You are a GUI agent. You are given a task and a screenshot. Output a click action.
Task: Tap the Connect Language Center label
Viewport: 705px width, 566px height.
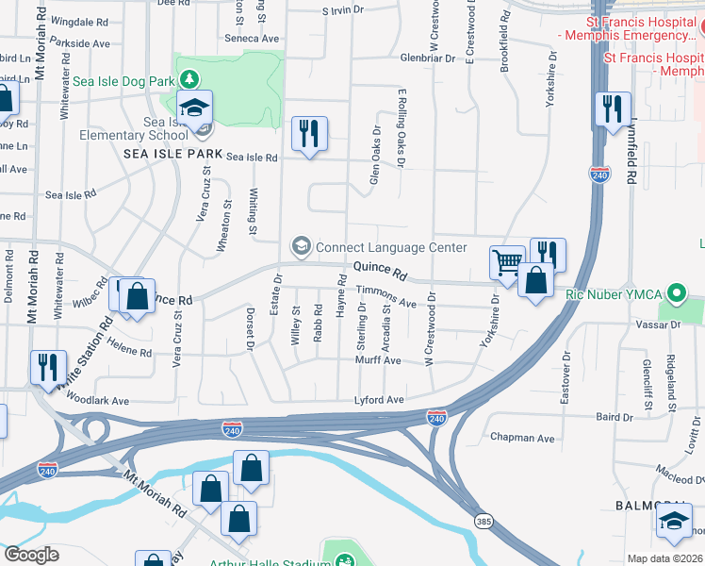pyautogui.click(x=391, y=248)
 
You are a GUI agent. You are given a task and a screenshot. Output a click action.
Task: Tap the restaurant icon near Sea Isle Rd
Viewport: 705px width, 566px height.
pyautogui.click(x=309, y=133)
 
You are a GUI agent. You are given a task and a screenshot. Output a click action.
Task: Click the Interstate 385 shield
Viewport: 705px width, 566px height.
pyautogui.click(x=483, y=521)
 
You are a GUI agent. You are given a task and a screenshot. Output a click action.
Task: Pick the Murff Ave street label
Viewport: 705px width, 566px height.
pyautogui.click(x=378, y=360)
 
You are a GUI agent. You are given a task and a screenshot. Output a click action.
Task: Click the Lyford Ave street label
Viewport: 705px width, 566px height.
pyautogui.click(x=379, y=400)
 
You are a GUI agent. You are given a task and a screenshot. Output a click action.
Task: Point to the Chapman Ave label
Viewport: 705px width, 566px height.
pyautogui.click(x=523, y=439)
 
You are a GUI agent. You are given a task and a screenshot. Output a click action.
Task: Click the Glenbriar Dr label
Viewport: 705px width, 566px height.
pyautogui.click(x=434, y=58)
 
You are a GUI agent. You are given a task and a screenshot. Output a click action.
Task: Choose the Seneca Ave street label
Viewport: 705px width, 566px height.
pyautogui.click(x=252, y=39)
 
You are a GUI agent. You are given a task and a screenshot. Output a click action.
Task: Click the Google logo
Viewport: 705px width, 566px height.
pyautogui.click(x=31, y=554)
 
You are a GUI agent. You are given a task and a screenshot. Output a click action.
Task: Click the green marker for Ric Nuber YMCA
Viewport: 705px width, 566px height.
pyautogui.click(x=675, y=292)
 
